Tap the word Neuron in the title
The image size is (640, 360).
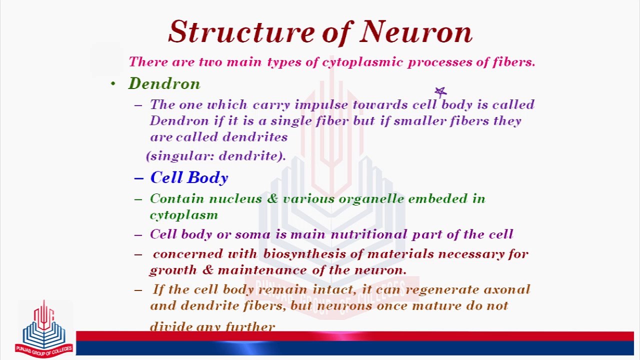point(416,32)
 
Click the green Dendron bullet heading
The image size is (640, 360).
point(164,83)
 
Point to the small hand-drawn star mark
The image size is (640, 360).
point(440,92)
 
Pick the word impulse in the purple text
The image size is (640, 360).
point(321,105)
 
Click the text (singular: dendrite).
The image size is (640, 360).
point(216,156)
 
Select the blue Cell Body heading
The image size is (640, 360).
point(189,178)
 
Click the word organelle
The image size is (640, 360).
point(371,199)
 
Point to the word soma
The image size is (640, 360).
point(248,234)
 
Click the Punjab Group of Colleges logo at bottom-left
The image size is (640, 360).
point(44,328)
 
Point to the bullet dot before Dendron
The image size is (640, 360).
point(113,84)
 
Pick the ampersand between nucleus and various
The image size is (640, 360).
point(272,199)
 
